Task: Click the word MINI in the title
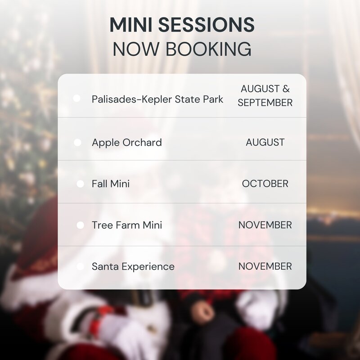[x=130, y=25]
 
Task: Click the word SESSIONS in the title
[x=207, y=25]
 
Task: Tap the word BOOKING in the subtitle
[x=208, y=49]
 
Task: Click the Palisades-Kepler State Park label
[x=157, y=99]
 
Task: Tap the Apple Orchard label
[x=127, y=143]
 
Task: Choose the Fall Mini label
[x=111, y=184]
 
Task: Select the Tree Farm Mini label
[x=127, y=225]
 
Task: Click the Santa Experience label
[x=133, y=266]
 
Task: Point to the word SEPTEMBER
[x=265, y=103]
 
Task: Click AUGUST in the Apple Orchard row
[x=265, y=142]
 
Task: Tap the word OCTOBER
[x=265, y=184]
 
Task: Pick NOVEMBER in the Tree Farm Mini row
[x=265, y=225]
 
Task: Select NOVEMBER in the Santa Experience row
[x=265, y=266]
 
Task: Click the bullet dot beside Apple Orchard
[x=77, y=142]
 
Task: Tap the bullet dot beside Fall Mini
[x=81, y=184]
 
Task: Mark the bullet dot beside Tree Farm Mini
[x=81, y=225]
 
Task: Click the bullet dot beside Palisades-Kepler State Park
[x=76, y=98]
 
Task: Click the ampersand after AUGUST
[x=286, y=89]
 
